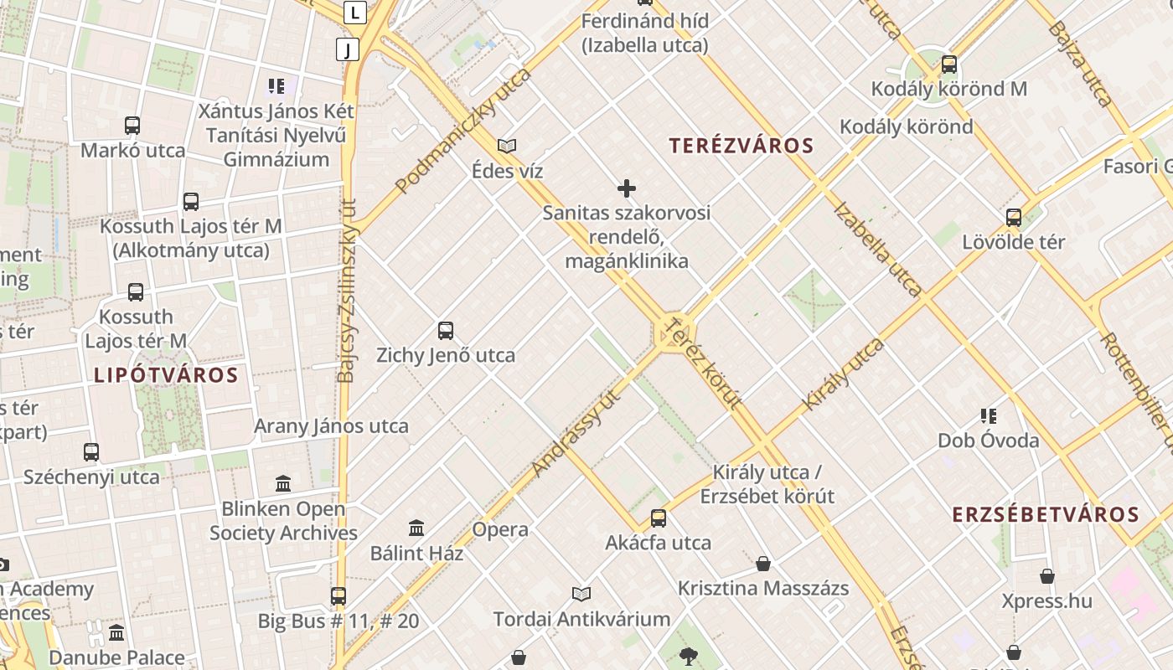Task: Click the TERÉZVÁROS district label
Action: coord(742,146)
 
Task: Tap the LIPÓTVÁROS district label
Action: coord(166,374)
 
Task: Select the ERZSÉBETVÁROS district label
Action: coord(1046,514)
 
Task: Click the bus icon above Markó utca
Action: coord(132,126)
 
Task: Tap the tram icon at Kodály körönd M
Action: coord(948,64)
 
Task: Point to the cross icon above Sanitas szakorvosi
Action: coord(626,188)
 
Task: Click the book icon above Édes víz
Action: coord(507,146)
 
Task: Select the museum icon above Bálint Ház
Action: coord(416,528)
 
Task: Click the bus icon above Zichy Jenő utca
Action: coord(446,330)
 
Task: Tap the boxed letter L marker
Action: coord(355,13)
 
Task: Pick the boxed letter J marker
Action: coord(347,49)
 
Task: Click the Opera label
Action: coord(500,529)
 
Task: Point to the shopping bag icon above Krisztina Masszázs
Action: coord(762,563)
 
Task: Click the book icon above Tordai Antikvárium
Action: coord(581,594)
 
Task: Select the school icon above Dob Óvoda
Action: coord(989,415)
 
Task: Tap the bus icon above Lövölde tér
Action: coord(1014,218)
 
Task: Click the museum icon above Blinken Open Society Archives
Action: coord(283,483)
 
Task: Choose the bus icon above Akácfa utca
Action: coord(659,518)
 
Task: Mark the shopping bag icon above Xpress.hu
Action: coord(1047,576)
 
